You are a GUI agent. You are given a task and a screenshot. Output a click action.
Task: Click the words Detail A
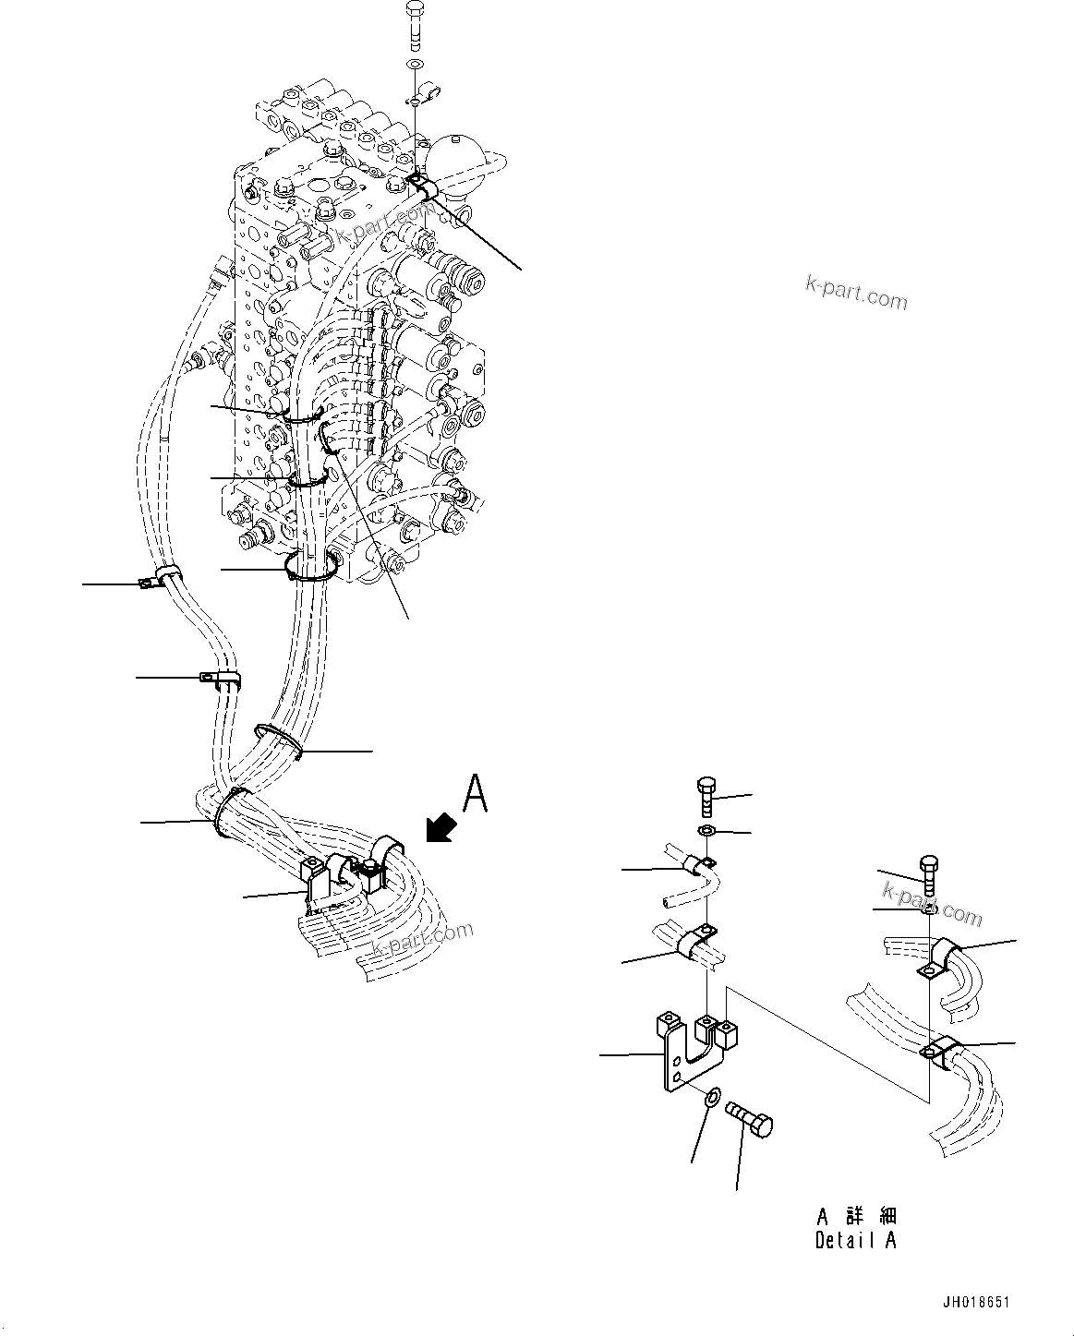click(855, 1240)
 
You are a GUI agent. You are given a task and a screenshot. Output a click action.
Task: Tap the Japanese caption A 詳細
click(856, 1216)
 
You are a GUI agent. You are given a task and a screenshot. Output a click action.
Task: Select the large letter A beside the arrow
click(475, 794)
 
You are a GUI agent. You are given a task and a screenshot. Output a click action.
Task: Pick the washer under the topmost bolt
click(415, 64)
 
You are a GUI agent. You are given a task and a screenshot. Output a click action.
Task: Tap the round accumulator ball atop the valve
click(456, 153)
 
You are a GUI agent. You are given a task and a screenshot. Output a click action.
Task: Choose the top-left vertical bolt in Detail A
click(705, 795)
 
